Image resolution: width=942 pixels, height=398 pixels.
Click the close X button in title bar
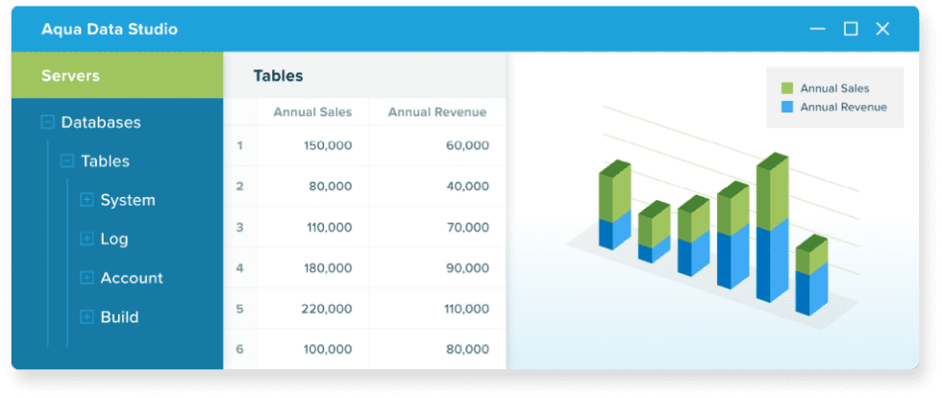coord(882,29)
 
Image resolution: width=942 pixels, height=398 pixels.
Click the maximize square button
coord(851,29)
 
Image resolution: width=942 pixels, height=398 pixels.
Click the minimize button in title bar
coord(817,29)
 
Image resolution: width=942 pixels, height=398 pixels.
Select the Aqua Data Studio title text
coord(109,29)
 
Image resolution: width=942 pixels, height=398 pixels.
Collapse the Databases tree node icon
coord(47,122)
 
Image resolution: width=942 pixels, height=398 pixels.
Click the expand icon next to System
coord(87,200)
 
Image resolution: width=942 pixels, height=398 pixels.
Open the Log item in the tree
coord(113,239)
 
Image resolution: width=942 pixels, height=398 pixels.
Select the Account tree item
coord(131,278)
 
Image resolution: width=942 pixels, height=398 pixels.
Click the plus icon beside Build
coord(87,316)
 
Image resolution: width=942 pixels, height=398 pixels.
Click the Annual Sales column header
coord(312,112)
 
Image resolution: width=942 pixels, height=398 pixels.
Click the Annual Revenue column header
coord(436,112)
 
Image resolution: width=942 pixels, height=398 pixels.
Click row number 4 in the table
coord(239,268)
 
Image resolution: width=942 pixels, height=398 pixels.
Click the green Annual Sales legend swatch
coord(787,88)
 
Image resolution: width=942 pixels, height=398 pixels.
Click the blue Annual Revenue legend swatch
coord(787,107)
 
